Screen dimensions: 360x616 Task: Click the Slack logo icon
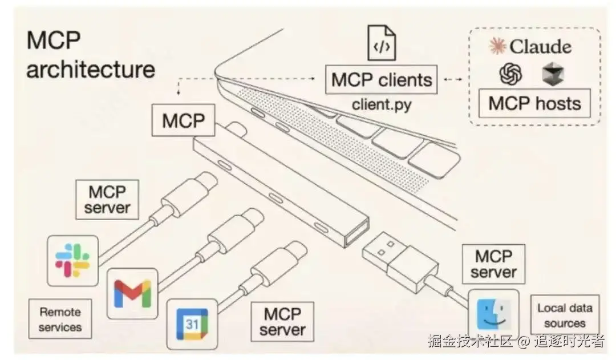[x=72, y=260]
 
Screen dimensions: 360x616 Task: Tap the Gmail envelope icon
[x=132, y=293]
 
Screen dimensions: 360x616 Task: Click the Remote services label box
[x=60, y=319]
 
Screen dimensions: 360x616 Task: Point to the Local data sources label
[x=565, y=315]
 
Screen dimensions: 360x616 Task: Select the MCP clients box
[x=381, y=79]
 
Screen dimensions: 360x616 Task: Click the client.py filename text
[x=381, y=104]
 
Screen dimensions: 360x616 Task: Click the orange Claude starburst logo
[x=498, y=46]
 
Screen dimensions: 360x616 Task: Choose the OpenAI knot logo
[x=510, y=74]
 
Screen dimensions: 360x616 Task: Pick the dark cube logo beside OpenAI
[x=552, y=74]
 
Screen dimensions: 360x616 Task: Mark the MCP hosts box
[x=534, y=103]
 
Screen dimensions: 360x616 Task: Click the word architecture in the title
[x=91, y=70]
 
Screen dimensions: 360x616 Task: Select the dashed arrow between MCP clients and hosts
[x=453, y=79]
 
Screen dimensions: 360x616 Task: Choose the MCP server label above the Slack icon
[x=107, y=199]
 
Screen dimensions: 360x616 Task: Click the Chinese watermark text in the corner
[x=516, y=342]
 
